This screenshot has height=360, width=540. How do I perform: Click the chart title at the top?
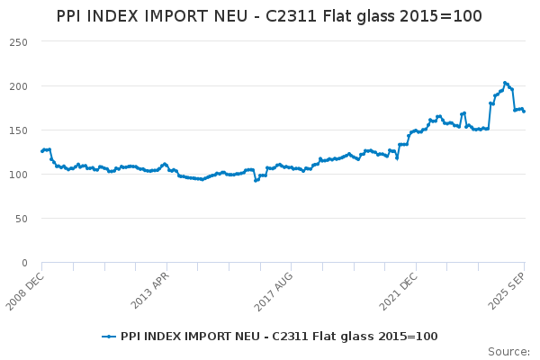(269, 16)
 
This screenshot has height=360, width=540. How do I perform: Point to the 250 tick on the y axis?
(19, 42)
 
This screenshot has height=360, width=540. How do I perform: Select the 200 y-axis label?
(19, 86)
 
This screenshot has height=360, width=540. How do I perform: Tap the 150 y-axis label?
(19, 130)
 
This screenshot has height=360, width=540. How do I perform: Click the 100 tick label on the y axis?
(19, 175)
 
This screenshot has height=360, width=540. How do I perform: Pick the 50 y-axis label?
(22, 219)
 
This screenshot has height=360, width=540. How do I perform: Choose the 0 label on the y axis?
(24, 263)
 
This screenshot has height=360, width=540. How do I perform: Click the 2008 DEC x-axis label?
(25, 292)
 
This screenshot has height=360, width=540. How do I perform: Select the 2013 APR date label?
(149, 291)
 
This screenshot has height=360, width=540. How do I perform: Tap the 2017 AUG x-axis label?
(274, 292)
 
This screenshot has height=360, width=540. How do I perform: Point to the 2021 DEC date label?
(399, 292)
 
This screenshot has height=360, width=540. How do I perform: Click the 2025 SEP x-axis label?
(507, 291)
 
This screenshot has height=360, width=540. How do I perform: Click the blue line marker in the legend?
(109, 337)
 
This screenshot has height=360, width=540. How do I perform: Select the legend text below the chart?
(279, 337)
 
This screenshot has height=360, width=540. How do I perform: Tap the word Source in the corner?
(508, 352)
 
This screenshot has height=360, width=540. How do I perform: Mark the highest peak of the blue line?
(505, 83)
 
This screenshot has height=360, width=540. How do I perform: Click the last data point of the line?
(524, 112)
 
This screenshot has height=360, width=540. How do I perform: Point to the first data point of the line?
(42, 151)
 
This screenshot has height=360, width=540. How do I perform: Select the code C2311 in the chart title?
(291, 16)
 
